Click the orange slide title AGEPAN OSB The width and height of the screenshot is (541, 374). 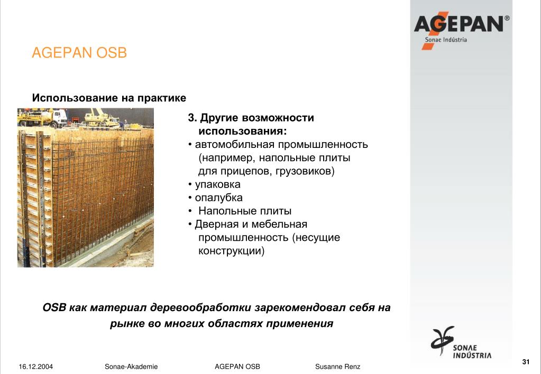pyautogui.click(x=79, y=53)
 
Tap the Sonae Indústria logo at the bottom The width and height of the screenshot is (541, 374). pyautogui.click(x=461, y=342)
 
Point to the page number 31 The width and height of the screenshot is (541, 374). pyautogui.click(x=526, y=362)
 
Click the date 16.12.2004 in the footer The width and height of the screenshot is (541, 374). pyautogui.click(x=36, y=367)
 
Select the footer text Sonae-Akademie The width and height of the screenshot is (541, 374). pyautogui.click(x=131, y=367)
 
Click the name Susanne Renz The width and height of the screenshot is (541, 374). pyautogui.click(x=337, y=367)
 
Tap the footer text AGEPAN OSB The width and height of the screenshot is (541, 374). pyautogui.click(x=237, y=367)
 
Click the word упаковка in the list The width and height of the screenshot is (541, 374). pyautogui.click(x=218, y=184)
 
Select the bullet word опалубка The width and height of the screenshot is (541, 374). pyautogui.click(x=219, y=198)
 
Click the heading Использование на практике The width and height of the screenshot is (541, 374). pyautogui.click(x=109, y=98)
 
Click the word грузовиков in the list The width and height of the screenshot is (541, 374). pyautogui.click(x=303, y=171)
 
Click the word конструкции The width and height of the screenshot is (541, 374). pyautogui.click(x=230, y=250)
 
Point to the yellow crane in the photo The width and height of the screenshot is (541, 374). pyautogui.click(x=100, y=118)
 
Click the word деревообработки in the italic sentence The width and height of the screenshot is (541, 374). pyautogui.click(x=200, y=307)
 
